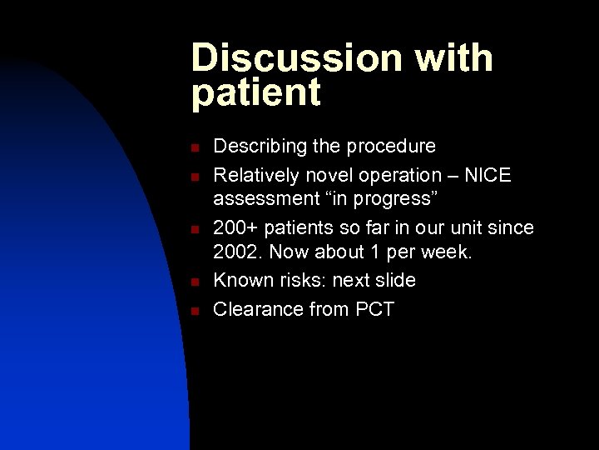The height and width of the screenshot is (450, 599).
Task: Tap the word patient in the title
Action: click(x=256, y=93)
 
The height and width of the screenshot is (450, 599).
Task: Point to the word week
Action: click(x=446, y=252)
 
